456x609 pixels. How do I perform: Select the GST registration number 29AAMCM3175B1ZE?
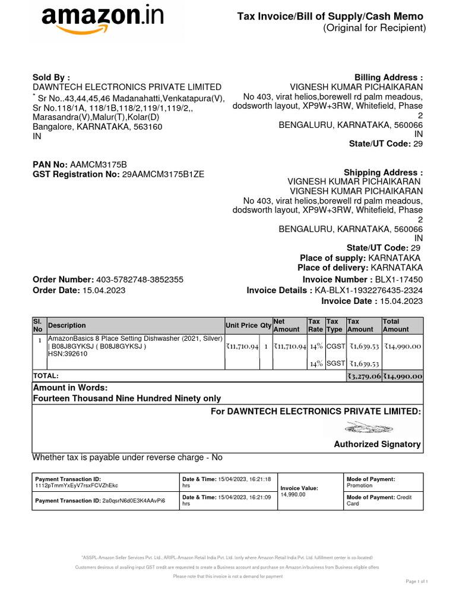tap(163, 174)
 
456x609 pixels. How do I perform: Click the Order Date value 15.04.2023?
tap(104, 290)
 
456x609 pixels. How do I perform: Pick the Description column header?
tap(67, 325)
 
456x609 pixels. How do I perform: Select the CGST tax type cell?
tap(334, 346)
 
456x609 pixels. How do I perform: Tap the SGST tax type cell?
tap(334, 363)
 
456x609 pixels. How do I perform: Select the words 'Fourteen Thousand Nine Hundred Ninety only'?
tap(126, 398)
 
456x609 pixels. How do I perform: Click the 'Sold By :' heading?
tap(51, 77)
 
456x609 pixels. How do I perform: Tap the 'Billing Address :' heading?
tap(388, 77)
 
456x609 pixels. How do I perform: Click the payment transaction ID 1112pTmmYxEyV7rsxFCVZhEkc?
tap(77, 486)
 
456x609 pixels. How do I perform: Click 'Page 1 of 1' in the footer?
tap(417, 581)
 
